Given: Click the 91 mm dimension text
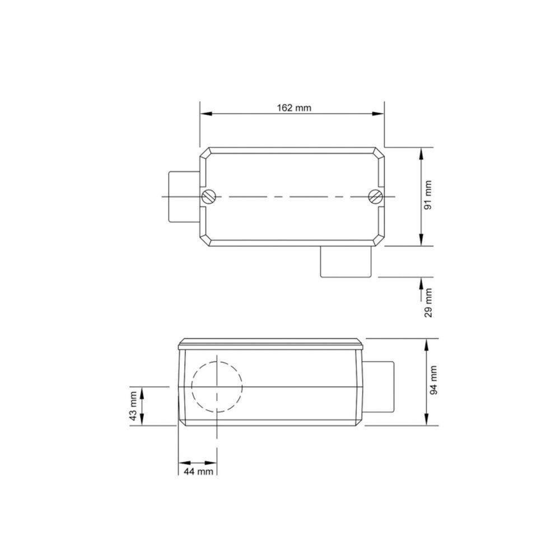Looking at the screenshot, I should (429, 195).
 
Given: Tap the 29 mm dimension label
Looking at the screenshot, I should (429, 303).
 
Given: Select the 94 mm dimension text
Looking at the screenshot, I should (435, 380).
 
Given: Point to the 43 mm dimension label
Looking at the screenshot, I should (133, 406).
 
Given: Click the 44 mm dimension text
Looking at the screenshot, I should (198, 472).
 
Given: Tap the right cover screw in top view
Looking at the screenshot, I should (375, 197).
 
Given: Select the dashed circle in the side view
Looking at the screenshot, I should (217, 386).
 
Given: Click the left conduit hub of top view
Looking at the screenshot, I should (184, 197).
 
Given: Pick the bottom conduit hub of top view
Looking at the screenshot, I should (346, 262).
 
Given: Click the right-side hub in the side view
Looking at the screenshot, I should (380, 386).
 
